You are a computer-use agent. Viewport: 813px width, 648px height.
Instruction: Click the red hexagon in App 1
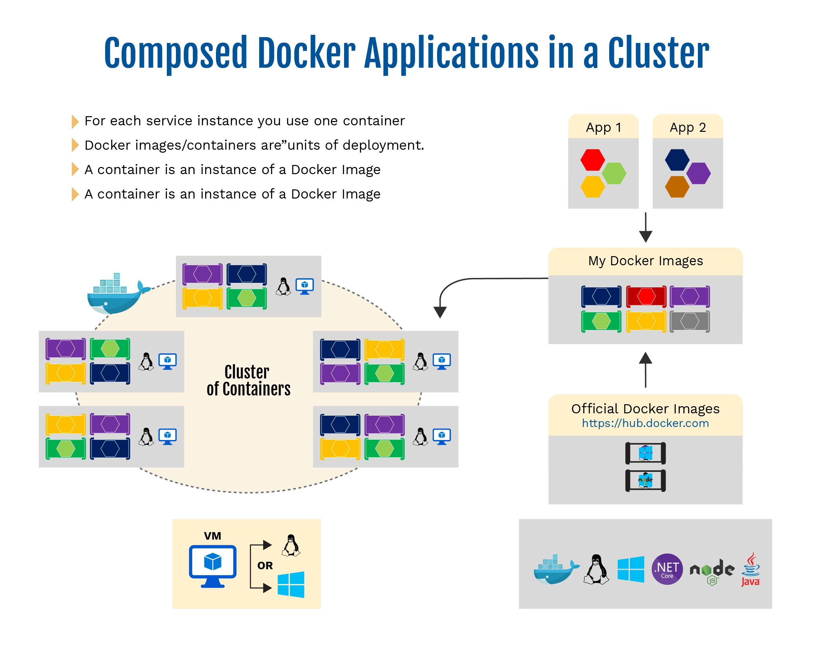(x=593, y=160)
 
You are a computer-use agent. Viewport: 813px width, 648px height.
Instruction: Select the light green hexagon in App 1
(x=614, y=173)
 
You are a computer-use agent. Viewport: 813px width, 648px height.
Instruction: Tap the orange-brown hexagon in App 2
(x=677, y=187)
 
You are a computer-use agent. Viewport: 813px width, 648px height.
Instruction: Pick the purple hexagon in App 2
(x=698, y=173)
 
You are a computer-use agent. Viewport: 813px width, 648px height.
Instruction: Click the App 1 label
(x=603, y=128)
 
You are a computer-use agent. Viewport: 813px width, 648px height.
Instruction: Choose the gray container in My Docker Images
(x=690, y=322)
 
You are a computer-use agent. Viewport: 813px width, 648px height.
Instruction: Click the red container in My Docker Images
(x=646, y=296)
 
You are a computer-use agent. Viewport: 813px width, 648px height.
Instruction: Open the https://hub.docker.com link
(x=645, y=423)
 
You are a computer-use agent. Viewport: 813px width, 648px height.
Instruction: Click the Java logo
(x=751, y=569)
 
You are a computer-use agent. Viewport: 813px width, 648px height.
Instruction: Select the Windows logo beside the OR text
(x=291, y=584)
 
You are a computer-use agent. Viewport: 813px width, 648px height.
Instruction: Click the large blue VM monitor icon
(x=213, y=566)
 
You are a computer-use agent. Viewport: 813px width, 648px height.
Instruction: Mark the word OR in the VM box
(x=265, y=565)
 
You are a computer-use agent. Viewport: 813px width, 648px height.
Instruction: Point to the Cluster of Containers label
(x=248, y=380)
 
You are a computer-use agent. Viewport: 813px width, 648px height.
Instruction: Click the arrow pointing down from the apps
(x=646, y=227)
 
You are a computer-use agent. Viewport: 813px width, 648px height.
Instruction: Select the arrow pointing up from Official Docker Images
(x=646, y=370)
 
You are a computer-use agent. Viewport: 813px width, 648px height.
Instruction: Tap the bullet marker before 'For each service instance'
(x=75, y=121)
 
